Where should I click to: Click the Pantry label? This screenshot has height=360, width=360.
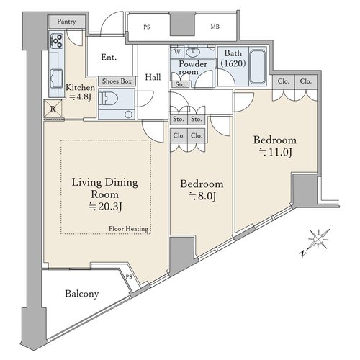[x=66, y=22]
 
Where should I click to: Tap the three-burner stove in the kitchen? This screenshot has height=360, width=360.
[x=57, y=40]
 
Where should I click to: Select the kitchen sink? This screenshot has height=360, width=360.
[x=57, y=78]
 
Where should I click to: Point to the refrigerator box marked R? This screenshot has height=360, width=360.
[x=53, y=109]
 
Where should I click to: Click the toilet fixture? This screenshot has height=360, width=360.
[x=109, y=98]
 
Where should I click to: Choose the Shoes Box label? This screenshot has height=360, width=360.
[x=117, y=81]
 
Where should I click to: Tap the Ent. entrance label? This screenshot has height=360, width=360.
[x=109, y=57]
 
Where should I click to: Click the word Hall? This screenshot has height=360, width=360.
[x=153, y=77]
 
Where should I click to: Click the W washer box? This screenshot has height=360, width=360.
[x=177, y=52]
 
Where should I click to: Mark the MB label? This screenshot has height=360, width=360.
[x=215, y=27]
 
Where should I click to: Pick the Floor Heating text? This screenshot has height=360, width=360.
[x=128, y=229]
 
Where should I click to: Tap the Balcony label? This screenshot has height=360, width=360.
[x=82, y=294]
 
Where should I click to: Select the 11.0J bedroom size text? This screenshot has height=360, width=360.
[x=276, y=152]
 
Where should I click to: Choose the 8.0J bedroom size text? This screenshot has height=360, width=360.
[x=202, y=196]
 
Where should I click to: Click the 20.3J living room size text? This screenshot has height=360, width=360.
[x=105, y=207]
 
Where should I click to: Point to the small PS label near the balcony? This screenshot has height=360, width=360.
[x=129, y=276]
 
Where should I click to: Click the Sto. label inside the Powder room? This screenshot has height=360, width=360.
[x=181, y=84]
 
